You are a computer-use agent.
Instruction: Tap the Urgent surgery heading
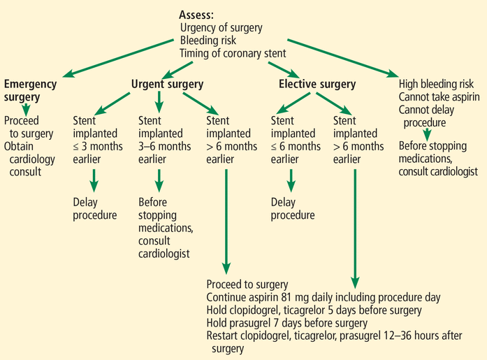click(167, 85)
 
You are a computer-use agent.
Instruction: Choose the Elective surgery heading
click(317, 85)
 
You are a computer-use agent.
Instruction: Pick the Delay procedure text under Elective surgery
click(293, 208)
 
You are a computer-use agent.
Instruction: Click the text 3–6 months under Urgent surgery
click(164, 146)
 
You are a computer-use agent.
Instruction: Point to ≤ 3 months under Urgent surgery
click(98, 146)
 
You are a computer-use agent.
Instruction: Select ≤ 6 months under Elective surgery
click(296, 146)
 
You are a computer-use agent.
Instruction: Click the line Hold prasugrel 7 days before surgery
click(287, 322)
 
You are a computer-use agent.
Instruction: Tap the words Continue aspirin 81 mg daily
click(265, 297)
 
